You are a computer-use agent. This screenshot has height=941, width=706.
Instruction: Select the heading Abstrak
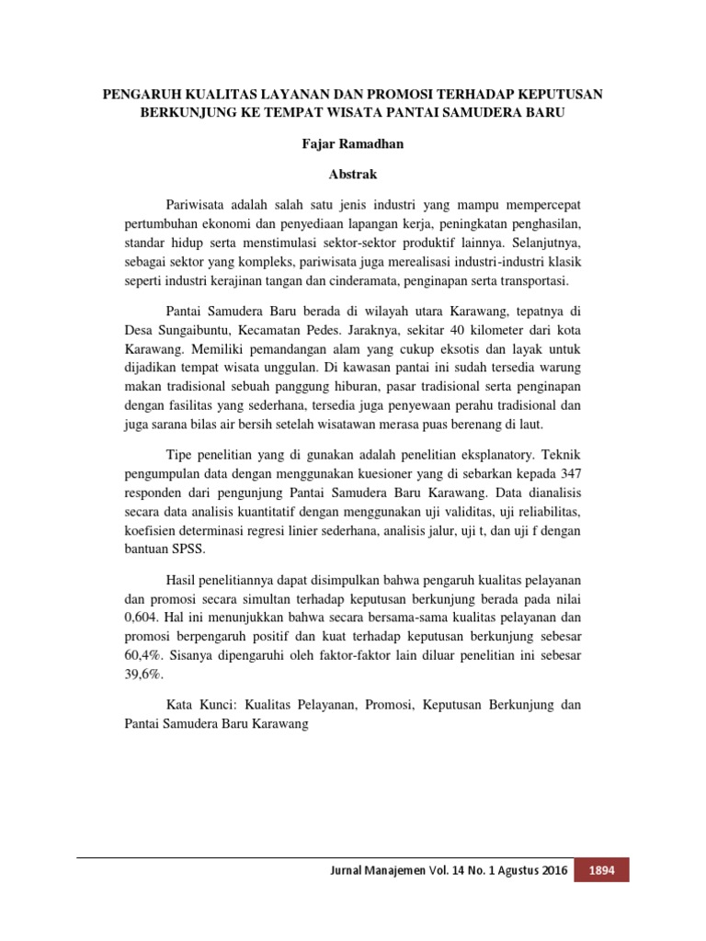point(352,173)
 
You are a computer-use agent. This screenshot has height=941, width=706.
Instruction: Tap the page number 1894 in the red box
point(601,870)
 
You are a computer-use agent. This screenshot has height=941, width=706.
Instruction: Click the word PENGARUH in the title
point(140,95)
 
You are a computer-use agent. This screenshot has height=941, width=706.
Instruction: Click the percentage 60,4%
point(142,656)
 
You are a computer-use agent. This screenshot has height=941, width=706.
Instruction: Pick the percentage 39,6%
point(142,675)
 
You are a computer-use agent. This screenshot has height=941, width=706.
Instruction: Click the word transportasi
point(539,280)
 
